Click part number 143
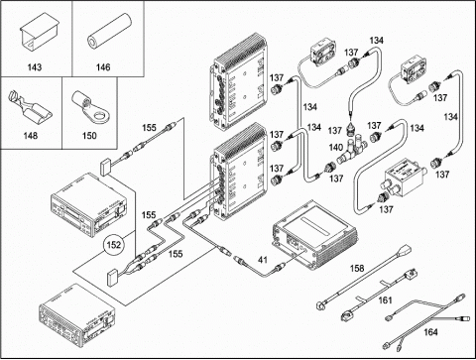coord(35,67)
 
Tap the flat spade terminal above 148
coord(29,106)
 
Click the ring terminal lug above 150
coord(91,107)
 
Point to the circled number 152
coord(114,245)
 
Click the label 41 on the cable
coord(263,260)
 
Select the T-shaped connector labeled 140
coord(351,148)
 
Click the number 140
coord(336,148)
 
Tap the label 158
coord(357,268)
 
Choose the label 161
coord(385,300)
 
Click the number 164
coord(430,331)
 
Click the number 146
coord(103,67)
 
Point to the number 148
coord(31,136)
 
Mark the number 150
coord(89,136)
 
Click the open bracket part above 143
coord(39,31)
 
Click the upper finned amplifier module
coord(239,81)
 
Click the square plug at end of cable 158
coord(405,250)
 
